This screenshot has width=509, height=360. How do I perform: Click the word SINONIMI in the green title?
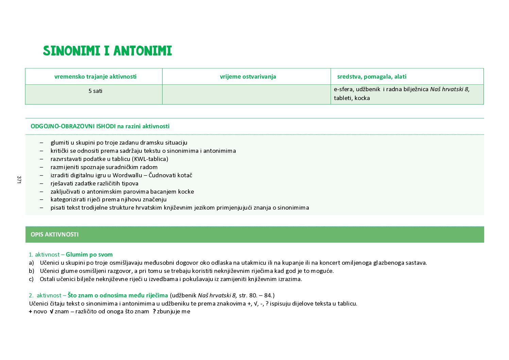71,51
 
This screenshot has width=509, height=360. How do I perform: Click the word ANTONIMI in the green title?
142,51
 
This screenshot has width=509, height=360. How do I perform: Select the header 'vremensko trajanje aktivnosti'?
95,77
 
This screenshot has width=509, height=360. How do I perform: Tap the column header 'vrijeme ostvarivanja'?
248,77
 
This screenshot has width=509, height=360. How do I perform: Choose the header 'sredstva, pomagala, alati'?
372,77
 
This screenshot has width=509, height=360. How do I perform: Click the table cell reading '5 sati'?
95,91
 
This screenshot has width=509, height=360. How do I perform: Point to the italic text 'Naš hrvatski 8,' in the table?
449,89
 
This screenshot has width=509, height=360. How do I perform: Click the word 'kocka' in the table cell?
362,98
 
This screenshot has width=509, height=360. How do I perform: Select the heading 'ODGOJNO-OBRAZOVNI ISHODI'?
73,126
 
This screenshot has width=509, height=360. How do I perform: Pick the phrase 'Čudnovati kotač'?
170,175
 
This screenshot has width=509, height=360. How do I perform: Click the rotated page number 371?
19,180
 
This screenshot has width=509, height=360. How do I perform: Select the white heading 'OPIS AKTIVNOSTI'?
54,234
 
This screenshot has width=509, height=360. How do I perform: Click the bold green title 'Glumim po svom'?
89,255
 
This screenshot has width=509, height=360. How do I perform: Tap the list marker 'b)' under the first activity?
31,271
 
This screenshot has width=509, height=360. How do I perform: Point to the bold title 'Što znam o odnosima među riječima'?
118,295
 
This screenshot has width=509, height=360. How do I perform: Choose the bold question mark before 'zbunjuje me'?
154,311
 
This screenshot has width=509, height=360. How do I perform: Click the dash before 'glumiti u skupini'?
41,143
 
